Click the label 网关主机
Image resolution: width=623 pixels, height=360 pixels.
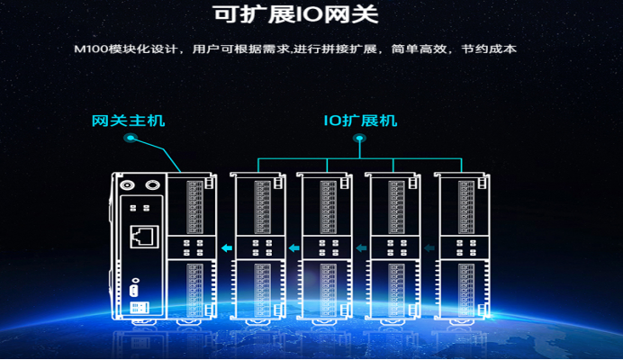click(129, 121)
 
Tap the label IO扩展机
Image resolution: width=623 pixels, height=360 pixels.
click(360, 121)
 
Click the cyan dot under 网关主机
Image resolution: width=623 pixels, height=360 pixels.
click(131, 139)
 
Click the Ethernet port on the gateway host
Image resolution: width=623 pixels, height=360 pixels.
click(140, 237)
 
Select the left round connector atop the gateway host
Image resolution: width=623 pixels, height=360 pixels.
click(128, 184)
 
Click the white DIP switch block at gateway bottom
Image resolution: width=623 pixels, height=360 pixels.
click(140, 307)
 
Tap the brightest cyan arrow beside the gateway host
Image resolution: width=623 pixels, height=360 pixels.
click(225, 248)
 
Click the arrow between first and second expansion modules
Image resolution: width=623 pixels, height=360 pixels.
click(292, 248)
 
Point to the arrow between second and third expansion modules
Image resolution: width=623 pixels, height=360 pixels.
click(360, 248)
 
